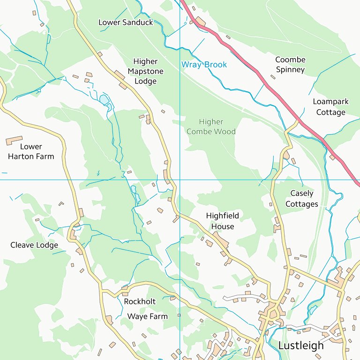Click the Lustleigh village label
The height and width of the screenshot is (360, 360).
(x=301, y=345)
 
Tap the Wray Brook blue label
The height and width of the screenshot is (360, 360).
(x=204, y=65)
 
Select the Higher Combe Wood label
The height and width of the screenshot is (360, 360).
(x=211, y=127)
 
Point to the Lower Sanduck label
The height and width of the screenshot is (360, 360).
(x=126, y=22)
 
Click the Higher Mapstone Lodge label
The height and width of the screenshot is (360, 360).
(x=145, y=71)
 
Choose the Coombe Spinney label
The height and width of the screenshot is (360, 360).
(x=290, y=65)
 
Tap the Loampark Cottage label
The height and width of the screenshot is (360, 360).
(x=330, y=107)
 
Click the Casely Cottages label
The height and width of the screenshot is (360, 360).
(x=301, y=198)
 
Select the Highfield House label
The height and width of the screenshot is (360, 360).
(x=222, y=221)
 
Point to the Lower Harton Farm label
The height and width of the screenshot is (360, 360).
(x=31, y=151)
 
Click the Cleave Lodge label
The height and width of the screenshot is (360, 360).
(x=34, y=245)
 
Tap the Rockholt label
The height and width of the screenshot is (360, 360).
(x=140, y=301)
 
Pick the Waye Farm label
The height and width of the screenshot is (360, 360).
(x=147, y=316)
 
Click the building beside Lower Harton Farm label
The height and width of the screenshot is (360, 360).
(x=14, y=140)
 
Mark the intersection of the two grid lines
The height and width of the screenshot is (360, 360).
(x=180, y=180)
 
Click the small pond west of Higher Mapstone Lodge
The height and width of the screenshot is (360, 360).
(x=104, y=99)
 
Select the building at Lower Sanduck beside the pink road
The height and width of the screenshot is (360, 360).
(x=200, y=22)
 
